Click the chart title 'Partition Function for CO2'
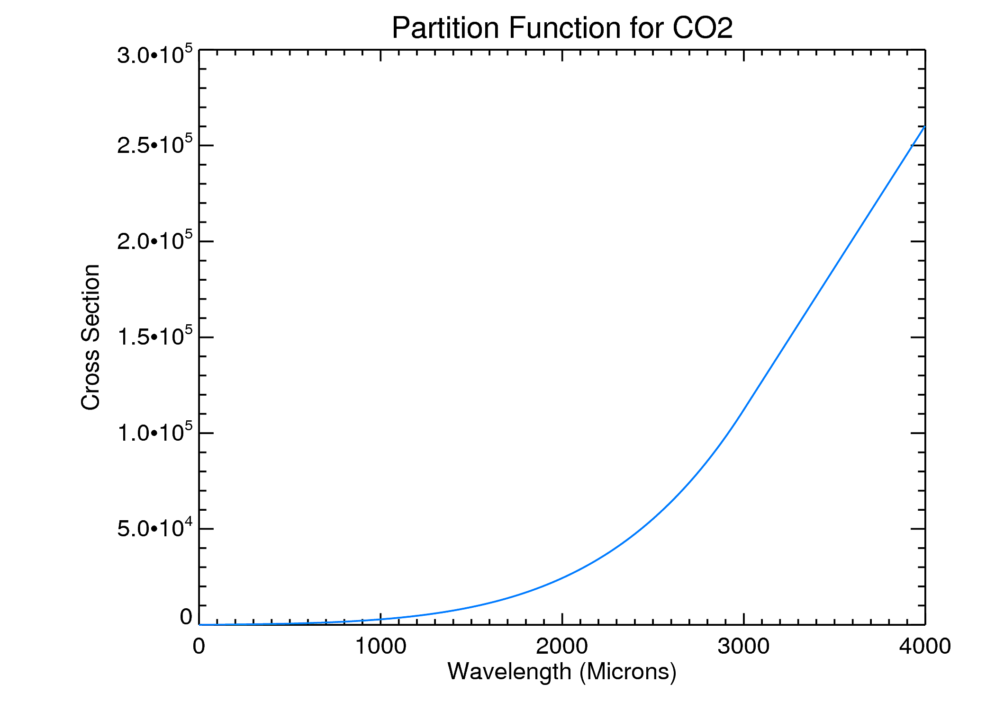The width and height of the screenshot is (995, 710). coord(562,28)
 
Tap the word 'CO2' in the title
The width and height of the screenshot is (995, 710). coord(702,28)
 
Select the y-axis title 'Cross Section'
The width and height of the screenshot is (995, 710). coord(90,337)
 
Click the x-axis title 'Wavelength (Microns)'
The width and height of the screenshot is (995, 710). coord(562,672)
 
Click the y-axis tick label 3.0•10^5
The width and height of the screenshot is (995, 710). coord(155,55)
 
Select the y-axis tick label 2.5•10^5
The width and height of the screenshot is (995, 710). coord(155,145)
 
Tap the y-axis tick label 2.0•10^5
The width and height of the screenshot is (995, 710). coord(155,241)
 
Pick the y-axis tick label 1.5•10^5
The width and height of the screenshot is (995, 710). coord(155,337)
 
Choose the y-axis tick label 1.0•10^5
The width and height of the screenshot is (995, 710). coord(155,432)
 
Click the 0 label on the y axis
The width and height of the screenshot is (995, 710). coord(186,617)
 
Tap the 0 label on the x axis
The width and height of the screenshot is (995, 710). coord(199,647)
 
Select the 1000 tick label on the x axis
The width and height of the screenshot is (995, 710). coord(380,647)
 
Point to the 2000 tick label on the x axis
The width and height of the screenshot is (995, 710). coord(562,647)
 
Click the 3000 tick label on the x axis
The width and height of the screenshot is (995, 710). coord(743,647)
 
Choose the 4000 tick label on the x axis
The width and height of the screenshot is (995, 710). coord(925,647)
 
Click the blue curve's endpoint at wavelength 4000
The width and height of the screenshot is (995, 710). coord(924,126)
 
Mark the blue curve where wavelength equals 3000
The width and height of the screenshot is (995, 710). coord(743,409)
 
